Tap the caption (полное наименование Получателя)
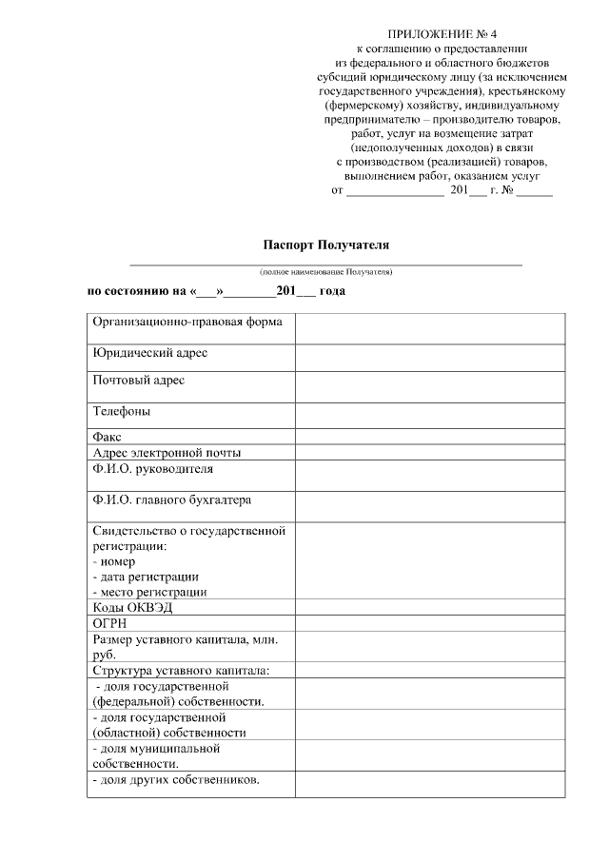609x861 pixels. (326, 272)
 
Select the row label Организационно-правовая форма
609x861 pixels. (187, 322)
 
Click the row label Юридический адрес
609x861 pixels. (150, 353)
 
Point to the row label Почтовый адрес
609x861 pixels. (139, 381)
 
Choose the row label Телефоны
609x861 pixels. (122, 412)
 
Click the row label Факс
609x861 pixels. (108, 437)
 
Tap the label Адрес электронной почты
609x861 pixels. (167, 452)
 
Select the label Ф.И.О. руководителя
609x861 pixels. (153, 469)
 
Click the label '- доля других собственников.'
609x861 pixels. (177, 781)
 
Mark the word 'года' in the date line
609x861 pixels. (332, 291)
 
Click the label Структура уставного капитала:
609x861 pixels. (181, 670)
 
